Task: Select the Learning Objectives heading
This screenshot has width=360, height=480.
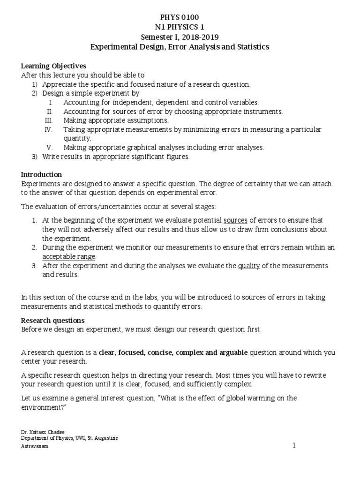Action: (53, 66)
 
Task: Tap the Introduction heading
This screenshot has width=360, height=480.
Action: (42, 174)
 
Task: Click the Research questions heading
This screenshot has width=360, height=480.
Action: (53, 321)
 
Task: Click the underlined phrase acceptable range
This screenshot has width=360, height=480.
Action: (69, 256)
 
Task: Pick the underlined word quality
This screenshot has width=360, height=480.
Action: (249, 266)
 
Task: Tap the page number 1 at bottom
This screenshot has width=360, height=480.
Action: (294, 446)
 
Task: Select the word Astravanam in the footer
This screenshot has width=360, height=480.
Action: (35, 447)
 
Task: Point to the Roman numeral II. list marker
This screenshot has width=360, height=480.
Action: (50, 112)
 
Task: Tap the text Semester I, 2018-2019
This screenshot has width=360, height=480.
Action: (180, 37)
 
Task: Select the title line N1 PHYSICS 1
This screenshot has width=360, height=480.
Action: (180, 28)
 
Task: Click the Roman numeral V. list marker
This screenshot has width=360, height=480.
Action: (51, 147)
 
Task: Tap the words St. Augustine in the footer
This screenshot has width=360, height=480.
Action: (104, 438)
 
